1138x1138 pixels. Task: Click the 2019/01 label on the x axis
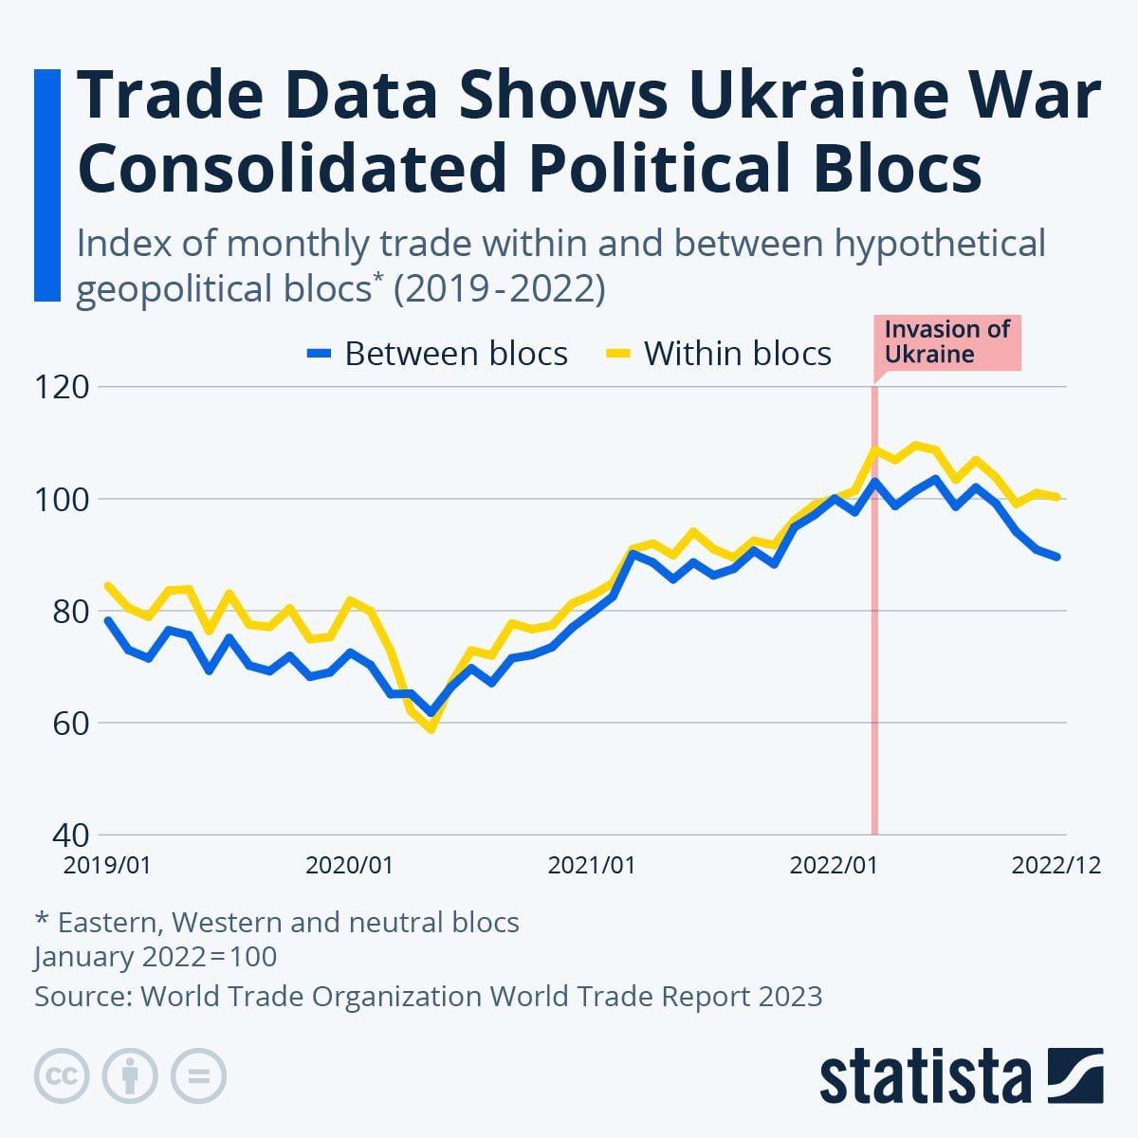(107, 865)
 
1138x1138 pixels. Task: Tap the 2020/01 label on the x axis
(349, 865)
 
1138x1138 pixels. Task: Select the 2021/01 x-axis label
(592, 865)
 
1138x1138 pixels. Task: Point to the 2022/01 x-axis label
(834, 865)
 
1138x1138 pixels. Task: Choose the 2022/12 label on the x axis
(1055, 865)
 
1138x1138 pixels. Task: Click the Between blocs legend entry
(438, 354)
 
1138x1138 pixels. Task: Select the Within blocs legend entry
(719, 354)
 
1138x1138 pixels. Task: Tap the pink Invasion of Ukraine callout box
(946, 342)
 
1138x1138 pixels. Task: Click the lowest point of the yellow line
(431, 729)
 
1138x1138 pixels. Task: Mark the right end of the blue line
(1057, 558)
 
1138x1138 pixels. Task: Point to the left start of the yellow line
(107, 585)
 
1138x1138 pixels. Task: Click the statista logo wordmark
(926, 1077)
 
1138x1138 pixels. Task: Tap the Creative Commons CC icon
(62, 1076)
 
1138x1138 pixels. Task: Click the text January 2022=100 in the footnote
(156, 956)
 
